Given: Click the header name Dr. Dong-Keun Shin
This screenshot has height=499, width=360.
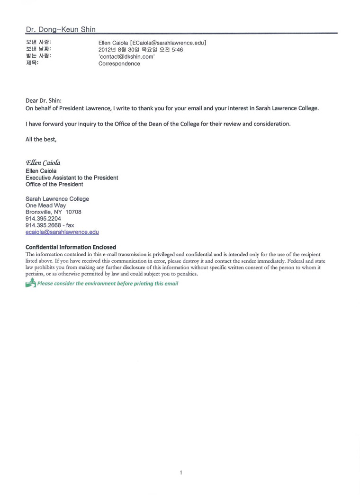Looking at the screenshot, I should (x=60, y=29).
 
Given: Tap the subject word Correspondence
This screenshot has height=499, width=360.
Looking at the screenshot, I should (x=119, y=64).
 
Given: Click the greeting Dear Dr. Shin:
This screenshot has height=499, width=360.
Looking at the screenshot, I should (x=43, y=100).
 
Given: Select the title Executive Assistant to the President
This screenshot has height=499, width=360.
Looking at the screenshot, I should (x=72, y=178).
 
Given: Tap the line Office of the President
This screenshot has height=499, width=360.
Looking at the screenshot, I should (x=54, y=185).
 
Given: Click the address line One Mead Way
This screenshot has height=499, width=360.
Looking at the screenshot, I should (x=45, y=206).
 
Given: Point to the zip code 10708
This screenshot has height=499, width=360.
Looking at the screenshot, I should (x=73, y=212).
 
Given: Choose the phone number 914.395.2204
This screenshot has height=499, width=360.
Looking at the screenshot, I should (x=43, y=219).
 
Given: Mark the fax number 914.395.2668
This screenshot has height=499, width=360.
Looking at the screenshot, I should (x=43, y=225).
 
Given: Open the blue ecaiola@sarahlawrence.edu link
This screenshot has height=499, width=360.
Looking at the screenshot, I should (x=62, y=232).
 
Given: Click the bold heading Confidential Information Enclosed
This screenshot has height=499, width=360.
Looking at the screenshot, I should (x=71, y=247).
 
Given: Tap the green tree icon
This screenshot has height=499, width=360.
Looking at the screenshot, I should (x=30, y=283).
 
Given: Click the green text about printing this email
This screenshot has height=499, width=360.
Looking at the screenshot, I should (x=108, y=284).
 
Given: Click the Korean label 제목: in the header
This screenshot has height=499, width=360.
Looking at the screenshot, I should (x=32, y=63).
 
